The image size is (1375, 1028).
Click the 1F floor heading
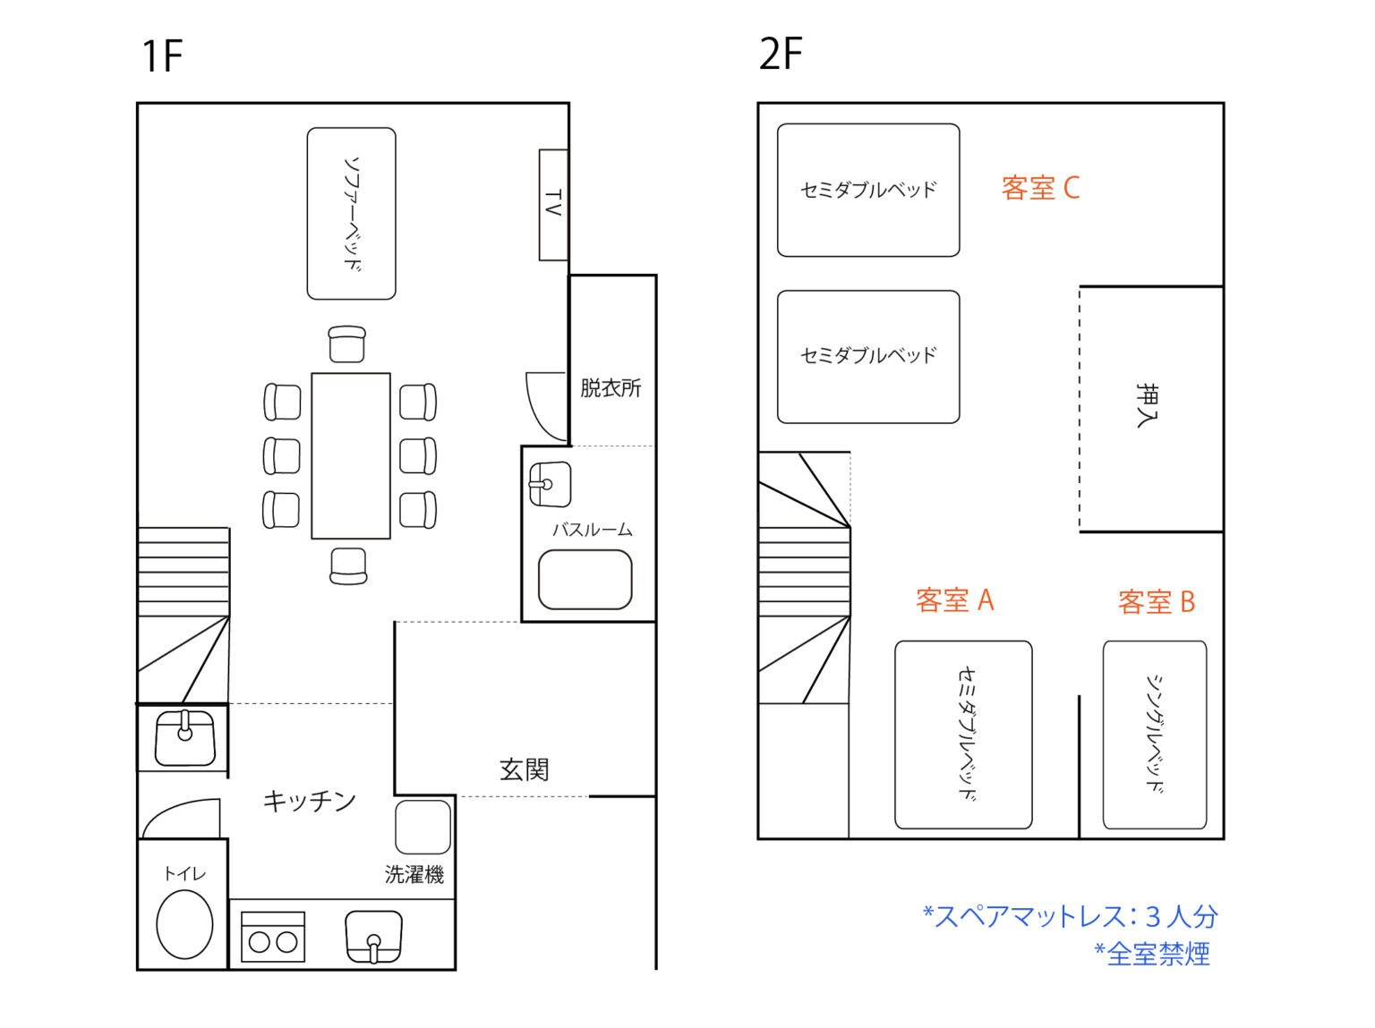click(x=162, y=55)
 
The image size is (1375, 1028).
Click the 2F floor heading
click(x=781, y=54)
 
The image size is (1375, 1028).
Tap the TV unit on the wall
click(x=553, y=204)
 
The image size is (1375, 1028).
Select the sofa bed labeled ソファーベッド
click(x=351, y=213)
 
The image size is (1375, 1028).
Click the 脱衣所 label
click(x=611, y=387)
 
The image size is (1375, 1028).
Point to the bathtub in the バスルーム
click(x=585, y=579)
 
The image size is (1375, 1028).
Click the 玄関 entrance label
click(x=524, y=769)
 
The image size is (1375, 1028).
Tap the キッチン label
click(x=309, y=800)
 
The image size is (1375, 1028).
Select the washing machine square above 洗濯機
click(x=423, y=827)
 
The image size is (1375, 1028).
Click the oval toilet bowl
click(x=184, y=924)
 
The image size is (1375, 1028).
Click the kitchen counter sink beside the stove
click(x=373, y=936)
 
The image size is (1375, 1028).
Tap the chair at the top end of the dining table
click(x=346, y=344)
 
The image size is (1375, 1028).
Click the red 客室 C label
click(x=1040, y=188)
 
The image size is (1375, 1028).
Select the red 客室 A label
click(x=954, y=599)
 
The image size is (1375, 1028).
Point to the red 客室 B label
click(x=1157, y=601)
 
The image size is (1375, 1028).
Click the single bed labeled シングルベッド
click(x=1155, y=734)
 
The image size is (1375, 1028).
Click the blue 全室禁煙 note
click(x=1151, y=954)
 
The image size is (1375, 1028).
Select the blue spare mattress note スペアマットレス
click(x=1071, y=915)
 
